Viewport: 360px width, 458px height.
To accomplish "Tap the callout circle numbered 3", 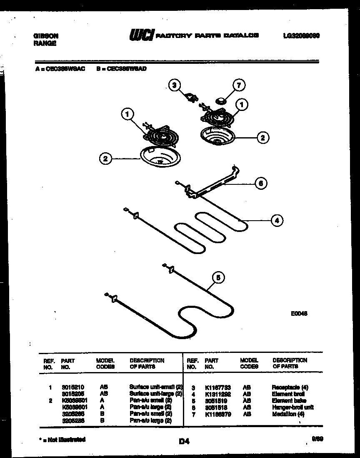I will pos(175,86).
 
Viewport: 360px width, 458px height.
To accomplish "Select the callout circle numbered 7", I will pos(239,86).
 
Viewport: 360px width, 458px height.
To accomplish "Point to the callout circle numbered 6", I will pos(261,183).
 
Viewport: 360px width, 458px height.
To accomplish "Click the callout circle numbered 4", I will pos(277,221).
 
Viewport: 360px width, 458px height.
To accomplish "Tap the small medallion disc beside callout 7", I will pos(220,100).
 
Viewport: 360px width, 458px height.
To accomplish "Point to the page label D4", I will pos(184,441).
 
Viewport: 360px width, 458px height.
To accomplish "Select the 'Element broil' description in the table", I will pos(288,394).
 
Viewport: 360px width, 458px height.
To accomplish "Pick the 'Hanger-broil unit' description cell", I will pos(292,407).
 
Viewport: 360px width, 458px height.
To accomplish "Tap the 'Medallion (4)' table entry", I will pos(288,414).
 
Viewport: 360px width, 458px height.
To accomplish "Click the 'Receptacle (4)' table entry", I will pos(290,387).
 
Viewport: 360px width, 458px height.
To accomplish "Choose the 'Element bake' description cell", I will pos(289,400).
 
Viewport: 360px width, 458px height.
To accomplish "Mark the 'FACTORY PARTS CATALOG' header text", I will pos(207,36).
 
